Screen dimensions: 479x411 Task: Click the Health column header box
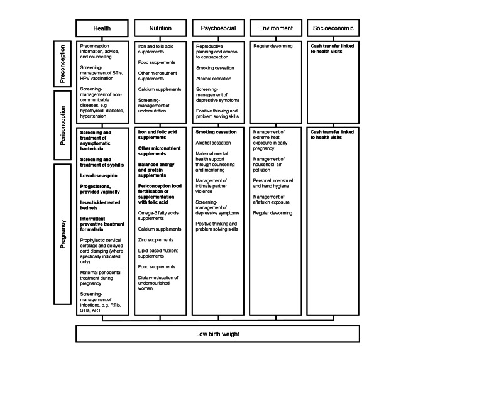(x=102, y=28)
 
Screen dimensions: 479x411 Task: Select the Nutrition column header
(x=160, y=28)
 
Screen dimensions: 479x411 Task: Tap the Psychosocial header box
(x=218, y=28)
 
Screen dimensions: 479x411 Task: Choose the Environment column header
(x=276, y=28)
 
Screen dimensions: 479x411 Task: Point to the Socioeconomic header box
(x=333, y=28)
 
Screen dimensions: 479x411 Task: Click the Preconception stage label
(x=63, y=64)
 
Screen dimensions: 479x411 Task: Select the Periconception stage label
(x=63, y=125)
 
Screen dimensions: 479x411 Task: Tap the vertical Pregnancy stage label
(x=63, y=234)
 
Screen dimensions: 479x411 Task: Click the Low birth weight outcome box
(x=217, y=334)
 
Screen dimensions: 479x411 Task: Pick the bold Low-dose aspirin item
(x=99, y=175)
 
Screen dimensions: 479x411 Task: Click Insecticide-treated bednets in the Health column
(x=100, y=205)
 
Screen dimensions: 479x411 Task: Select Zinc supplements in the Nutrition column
(x=156, y=240)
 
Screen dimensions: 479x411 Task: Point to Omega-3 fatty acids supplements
(x=158, y=216)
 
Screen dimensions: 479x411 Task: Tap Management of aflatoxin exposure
(x=272, y=199)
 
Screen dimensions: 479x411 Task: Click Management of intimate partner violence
(x=211, y=186)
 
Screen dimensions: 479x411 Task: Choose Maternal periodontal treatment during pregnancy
(x=101, y=278)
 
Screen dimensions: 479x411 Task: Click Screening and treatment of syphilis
(x=102, y=162)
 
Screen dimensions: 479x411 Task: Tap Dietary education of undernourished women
(x=158, y=283)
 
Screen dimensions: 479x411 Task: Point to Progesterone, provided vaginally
(x=100, y=189)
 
